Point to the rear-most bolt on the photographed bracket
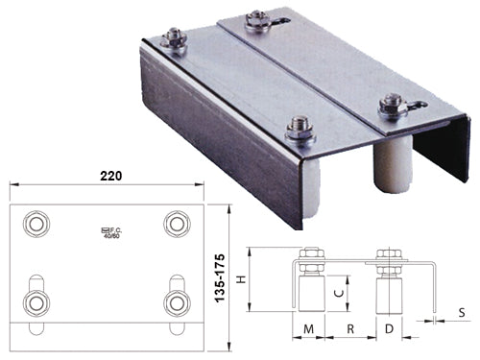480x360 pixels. pos(257,18)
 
